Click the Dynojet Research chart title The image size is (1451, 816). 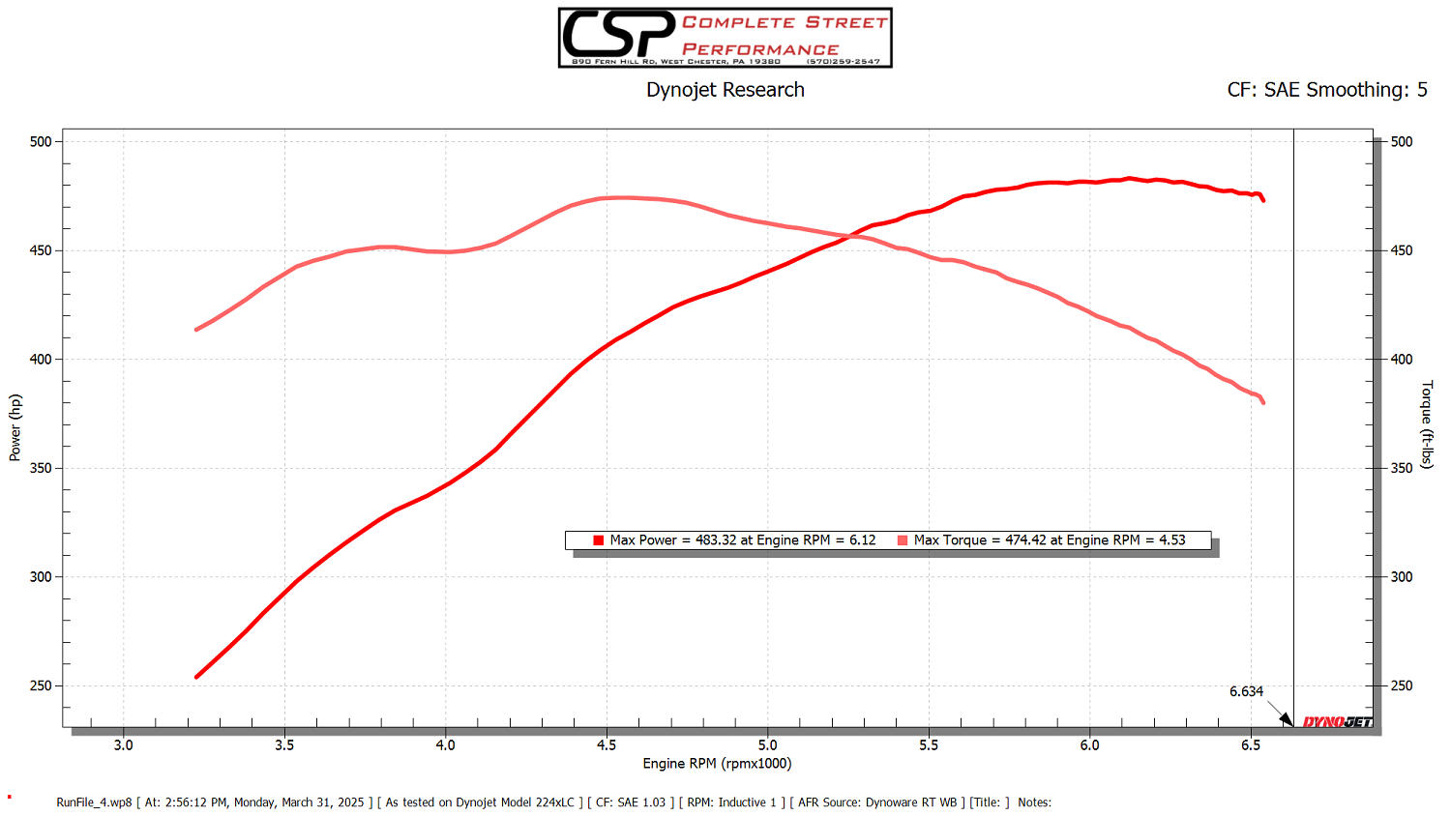725,90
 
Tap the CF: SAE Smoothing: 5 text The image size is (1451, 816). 1326,90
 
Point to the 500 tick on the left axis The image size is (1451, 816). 41,141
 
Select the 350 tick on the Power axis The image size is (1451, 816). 41,468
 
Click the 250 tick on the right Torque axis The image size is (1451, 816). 1402,685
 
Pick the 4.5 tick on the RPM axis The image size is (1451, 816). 607,744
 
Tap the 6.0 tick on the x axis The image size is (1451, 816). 1089,744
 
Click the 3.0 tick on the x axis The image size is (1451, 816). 124,744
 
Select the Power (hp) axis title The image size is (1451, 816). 15,427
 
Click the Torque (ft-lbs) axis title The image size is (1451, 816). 1427,424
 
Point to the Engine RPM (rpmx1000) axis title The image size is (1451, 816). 717,764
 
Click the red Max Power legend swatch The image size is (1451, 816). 599,540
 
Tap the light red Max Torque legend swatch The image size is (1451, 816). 903,540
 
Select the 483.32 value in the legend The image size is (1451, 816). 716,540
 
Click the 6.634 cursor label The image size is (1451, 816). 1246,691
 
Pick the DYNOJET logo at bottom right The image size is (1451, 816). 1338,722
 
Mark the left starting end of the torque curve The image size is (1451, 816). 197,330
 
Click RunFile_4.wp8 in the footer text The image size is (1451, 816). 94,802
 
